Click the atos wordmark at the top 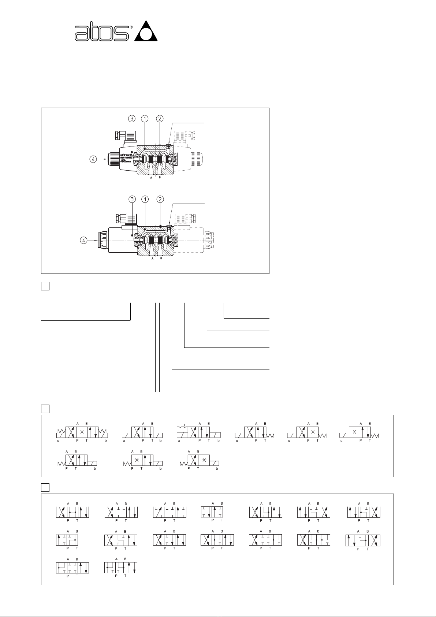point(101,33)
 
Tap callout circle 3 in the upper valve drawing point(132,119)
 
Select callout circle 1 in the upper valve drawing point(145,119)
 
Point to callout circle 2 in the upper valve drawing point(160,119)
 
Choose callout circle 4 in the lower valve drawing point(84,240)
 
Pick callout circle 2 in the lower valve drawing point(160,199)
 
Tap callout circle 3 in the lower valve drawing point(132,199)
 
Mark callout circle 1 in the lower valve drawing point(145,199)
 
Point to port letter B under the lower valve point(161,258)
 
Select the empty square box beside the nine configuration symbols point(45,408)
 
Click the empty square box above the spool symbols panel point(45,487)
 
